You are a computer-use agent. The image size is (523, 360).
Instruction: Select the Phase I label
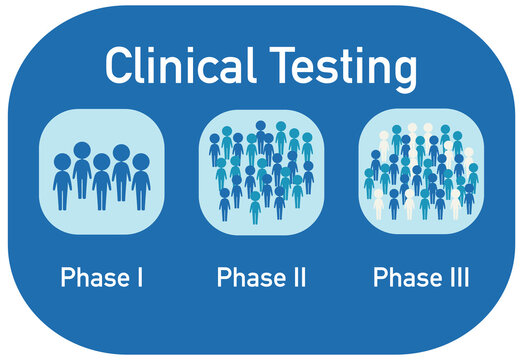point(101,277)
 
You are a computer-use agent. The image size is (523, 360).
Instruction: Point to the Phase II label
point(260,277)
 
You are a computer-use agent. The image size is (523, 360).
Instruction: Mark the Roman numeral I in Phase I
point(138,276)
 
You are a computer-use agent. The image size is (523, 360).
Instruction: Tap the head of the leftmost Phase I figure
point(62,160)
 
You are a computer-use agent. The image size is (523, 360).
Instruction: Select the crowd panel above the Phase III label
point(419,170)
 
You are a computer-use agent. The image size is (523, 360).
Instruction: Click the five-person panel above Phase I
point(101,170)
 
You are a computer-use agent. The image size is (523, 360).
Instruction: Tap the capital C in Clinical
point(119,67)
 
